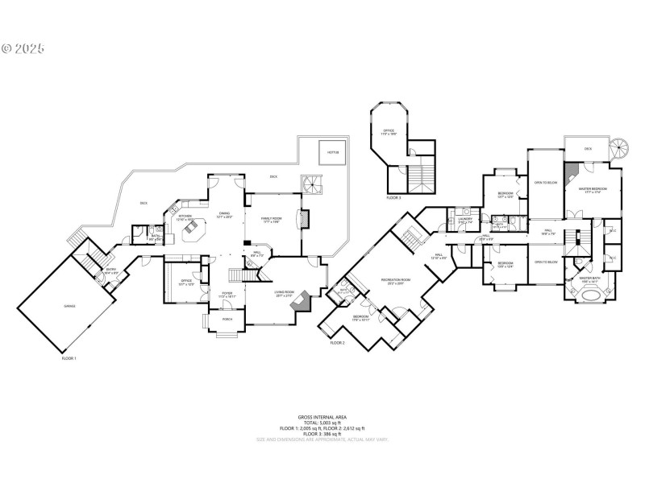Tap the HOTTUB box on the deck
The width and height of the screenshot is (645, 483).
332,152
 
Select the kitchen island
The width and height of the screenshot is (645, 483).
194,232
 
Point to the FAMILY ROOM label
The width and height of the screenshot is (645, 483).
270,219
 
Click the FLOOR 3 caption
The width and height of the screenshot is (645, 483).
393,197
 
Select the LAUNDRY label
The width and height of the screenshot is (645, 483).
465,220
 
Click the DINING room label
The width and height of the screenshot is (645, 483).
224,213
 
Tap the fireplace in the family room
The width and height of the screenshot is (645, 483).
304,220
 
